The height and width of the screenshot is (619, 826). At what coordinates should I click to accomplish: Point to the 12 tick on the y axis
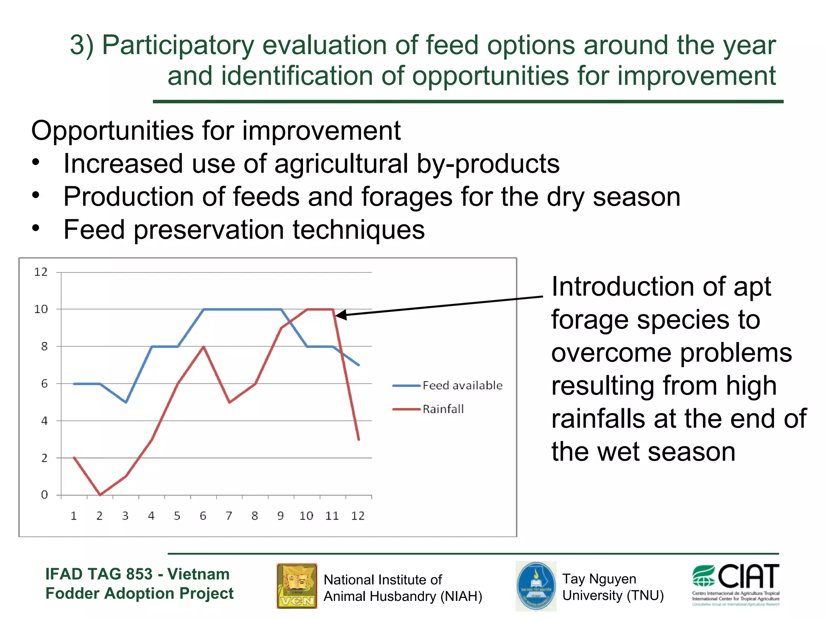pos(41,272)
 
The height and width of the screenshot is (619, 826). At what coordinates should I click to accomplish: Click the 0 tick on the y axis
pos(44,495)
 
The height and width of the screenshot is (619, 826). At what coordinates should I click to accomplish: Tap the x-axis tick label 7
pos(229,516)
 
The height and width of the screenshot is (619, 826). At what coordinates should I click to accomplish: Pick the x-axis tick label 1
pos(74,516)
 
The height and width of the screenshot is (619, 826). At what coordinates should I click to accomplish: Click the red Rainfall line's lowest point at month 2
pos(100,494)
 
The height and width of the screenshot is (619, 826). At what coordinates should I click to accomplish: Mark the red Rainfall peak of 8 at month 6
pos(204,347)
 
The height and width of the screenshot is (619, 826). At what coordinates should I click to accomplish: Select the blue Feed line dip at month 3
pos(126,402)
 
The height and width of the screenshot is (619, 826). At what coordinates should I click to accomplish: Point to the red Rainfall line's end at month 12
pos(359,439)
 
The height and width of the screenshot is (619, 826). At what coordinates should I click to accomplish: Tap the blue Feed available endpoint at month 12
pos(359,365)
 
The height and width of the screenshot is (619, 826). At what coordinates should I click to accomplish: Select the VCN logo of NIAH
pos(297,586)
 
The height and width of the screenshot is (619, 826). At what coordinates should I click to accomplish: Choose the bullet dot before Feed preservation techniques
pos(36,228)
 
